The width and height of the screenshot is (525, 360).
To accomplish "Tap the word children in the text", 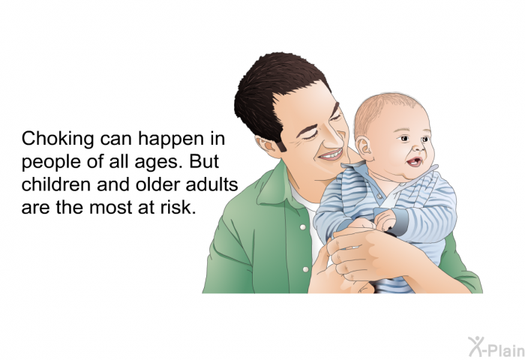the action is pos(55,184).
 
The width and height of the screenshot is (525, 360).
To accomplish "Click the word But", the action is pos(204,161).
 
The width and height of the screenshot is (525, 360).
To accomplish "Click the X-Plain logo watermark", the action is pos(496,346).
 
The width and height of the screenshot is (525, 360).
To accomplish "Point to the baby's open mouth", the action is pos(414,162).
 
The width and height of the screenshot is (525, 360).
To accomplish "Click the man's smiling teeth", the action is pos(331,154).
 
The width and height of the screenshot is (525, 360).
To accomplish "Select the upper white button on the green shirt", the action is pos(303,227).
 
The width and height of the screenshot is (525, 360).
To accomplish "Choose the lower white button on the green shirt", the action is pos(305,269).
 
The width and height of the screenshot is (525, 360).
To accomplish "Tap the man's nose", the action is pos(336,137).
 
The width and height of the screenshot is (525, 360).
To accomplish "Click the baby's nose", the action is pos(417,146).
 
